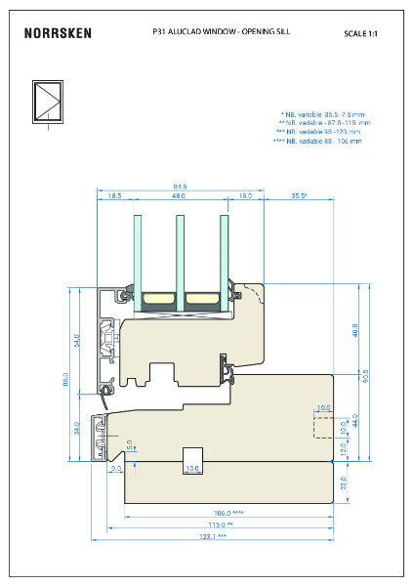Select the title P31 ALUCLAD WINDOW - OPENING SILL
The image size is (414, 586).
click(222, 31)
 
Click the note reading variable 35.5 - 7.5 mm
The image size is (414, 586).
click(320, 114)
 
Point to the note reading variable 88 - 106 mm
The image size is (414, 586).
click(317, 141)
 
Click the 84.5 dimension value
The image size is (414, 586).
click(180, 186)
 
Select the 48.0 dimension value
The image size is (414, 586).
click(179, 196)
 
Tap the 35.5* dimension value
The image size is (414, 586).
click(299, 196)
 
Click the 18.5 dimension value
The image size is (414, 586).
click(114, 196)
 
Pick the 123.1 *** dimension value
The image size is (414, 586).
click(214, 536)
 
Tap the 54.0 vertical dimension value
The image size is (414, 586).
click(77, 342)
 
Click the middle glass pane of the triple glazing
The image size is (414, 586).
click(180, 259)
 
